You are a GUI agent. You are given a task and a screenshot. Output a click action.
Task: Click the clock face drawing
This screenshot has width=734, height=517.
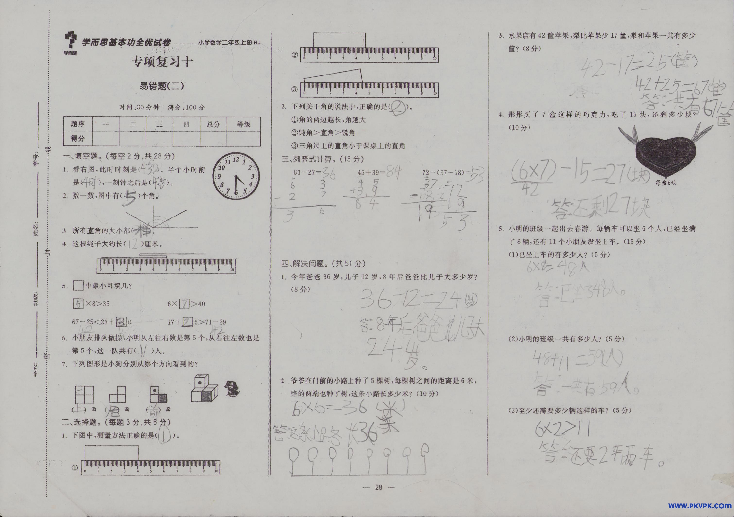236,176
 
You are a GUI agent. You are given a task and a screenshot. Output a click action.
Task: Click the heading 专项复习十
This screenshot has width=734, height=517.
162,62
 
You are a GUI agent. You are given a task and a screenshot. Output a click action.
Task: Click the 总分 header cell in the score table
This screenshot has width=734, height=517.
213,124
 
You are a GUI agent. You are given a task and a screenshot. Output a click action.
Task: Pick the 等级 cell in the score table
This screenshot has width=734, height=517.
243,124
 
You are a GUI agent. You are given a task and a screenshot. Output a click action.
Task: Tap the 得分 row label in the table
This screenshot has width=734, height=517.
78,138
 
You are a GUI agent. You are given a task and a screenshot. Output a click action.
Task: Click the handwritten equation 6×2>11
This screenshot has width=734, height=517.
562,430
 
